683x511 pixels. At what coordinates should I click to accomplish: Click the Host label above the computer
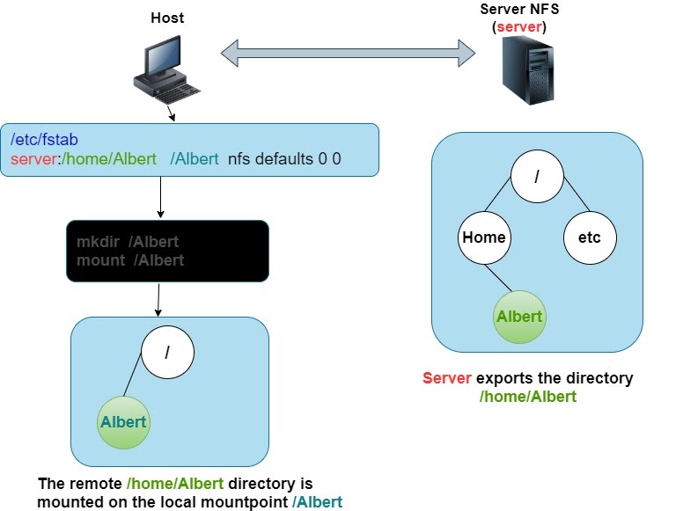pos(167,18)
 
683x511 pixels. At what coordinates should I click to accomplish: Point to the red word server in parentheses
pos(519,27)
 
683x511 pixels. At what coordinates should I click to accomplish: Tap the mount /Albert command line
pos(130,260)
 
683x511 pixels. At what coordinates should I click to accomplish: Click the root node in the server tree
pos(537,175)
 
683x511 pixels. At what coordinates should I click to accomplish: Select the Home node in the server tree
pos(484,237)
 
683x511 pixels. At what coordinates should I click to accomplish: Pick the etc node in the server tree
pos(590,237)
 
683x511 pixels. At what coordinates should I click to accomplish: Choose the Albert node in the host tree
pos(123,422)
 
